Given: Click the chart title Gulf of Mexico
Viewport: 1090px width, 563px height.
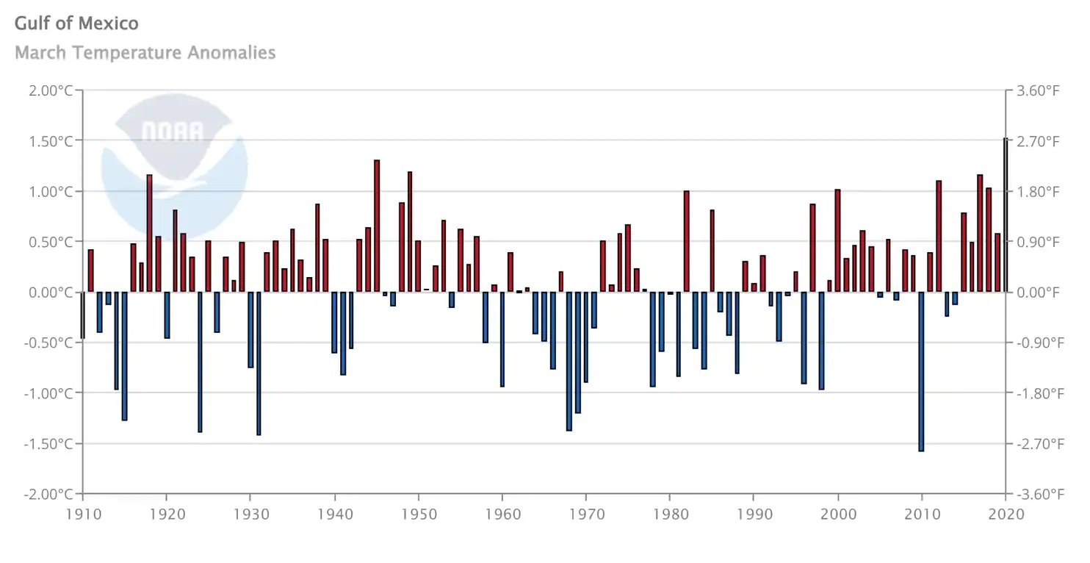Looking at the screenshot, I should tap(76, 23).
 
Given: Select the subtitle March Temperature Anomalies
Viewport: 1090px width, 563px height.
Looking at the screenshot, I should tap(145, 53).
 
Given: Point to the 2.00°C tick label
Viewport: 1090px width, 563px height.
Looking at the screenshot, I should tap(50, 90).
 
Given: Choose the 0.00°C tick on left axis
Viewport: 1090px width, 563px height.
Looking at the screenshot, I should tap(50, 292).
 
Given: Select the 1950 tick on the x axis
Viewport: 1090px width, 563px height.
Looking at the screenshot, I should tap(418, 514).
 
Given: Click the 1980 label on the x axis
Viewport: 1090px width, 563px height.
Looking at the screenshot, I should tap(670, 514).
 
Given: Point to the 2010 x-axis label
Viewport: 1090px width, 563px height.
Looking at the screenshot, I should tap(922, 514).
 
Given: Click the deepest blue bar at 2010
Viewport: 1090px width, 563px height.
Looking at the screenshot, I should tap(922, 371).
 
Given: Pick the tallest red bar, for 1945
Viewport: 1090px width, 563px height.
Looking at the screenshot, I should tap(377, 226).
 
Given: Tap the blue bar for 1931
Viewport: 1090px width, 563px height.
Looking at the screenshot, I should tap(259, 363).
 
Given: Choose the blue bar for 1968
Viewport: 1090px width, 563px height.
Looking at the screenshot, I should tap(569, 361).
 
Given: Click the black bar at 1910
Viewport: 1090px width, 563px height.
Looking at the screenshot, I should tap(83, 315).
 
